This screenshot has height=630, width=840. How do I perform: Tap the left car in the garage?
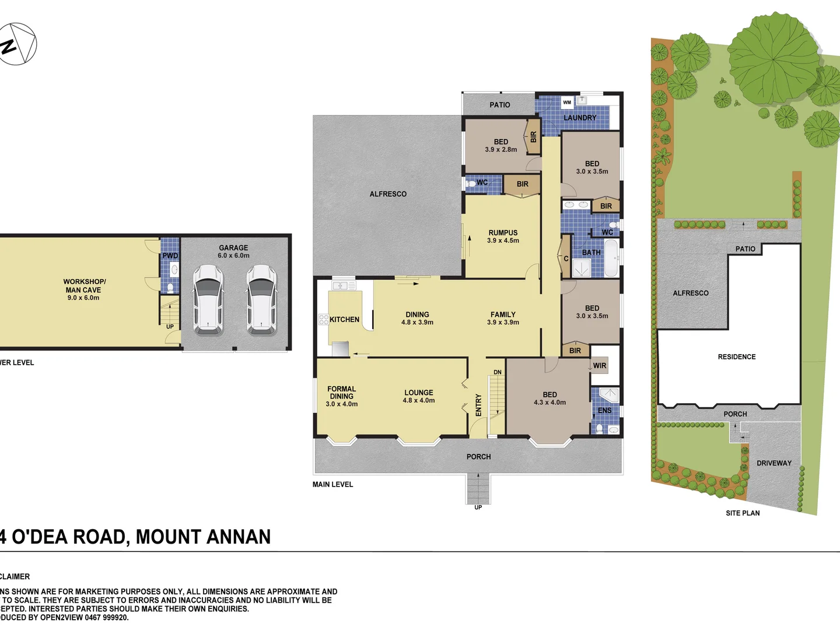tap(208, 300)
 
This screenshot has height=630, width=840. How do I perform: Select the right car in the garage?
tap(261, 300)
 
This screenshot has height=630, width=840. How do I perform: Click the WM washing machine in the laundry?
tap(567, 103)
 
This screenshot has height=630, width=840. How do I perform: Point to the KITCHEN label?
tap(344, 320)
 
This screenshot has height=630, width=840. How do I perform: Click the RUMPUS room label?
tap(503, 233)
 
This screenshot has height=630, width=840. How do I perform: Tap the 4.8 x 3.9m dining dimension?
tap(417, 323)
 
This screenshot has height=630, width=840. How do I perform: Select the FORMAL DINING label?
tap(341, 393)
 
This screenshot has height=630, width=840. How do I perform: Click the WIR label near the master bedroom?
tap(600, 366)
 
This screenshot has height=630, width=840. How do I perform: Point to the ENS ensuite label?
tap(604, 411)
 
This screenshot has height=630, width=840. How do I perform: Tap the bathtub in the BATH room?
tap(611, 258)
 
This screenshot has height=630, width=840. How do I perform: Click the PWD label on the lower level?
tap(170, 256)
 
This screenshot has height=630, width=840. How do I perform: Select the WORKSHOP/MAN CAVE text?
tap(84, 286)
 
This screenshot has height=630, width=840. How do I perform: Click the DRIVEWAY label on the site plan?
tap(774, 463)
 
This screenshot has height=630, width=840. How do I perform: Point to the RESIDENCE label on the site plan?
tap(737, 357)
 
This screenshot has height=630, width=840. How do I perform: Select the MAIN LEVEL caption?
tap(332, 485)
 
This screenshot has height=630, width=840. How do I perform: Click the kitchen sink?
tap(344, 286)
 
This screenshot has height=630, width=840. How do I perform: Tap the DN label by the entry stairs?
tap(498, 372)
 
